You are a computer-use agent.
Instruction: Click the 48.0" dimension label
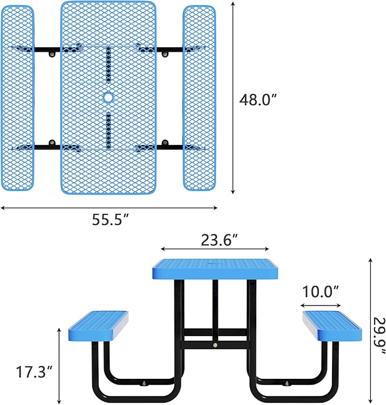coord(258,99)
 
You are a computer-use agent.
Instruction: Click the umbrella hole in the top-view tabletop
coord(108,98)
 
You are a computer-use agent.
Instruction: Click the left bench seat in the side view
coord(98,327)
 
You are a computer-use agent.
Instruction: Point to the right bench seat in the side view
coord(332,325)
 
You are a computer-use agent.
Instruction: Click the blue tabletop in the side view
coord(215,270)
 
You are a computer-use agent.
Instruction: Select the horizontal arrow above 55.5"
coord(109,208)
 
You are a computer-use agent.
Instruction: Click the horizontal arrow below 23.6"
coord(215,249)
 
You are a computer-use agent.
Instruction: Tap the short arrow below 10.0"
coord(321,304)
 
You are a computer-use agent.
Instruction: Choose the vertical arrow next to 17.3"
coord(60,364)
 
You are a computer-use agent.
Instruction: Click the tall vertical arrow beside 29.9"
coord(371,330)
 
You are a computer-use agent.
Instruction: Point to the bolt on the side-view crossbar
coord(215,344)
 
